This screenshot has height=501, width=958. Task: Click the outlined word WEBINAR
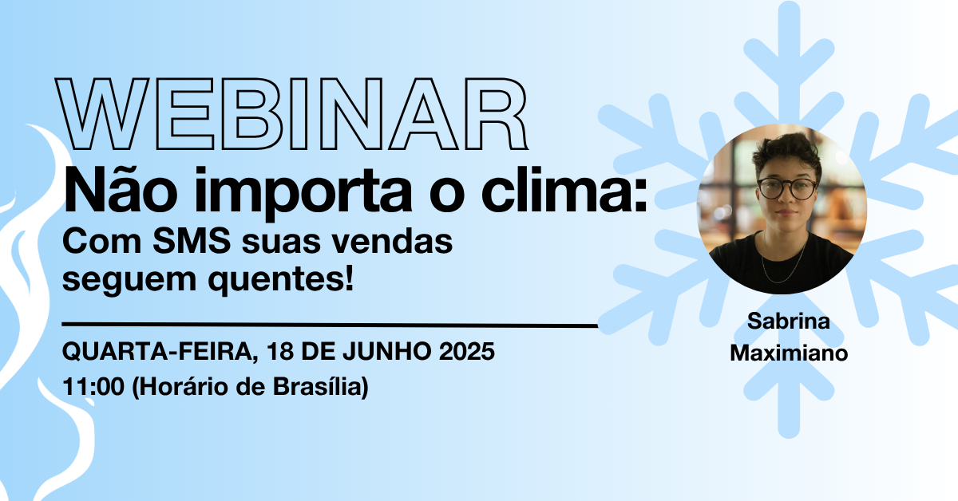292,114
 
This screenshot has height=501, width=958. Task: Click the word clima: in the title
564,190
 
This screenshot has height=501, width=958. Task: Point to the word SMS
192,241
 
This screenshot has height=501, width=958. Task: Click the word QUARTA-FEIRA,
160,352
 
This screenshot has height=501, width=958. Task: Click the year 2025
467,351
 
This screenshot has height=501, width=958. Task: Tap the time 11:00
93,386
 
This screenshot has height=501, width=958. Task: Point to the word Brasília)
320,387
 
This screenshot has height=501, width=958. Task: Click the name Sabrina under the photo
788,321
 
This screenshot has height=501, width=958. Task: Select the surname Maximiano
789,353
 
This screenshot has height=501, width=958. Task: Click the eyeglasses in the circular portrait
786,188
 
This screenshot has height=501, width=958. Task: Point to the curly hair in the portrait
786,152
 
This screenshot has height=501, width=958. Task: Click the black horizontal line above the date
330,325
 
